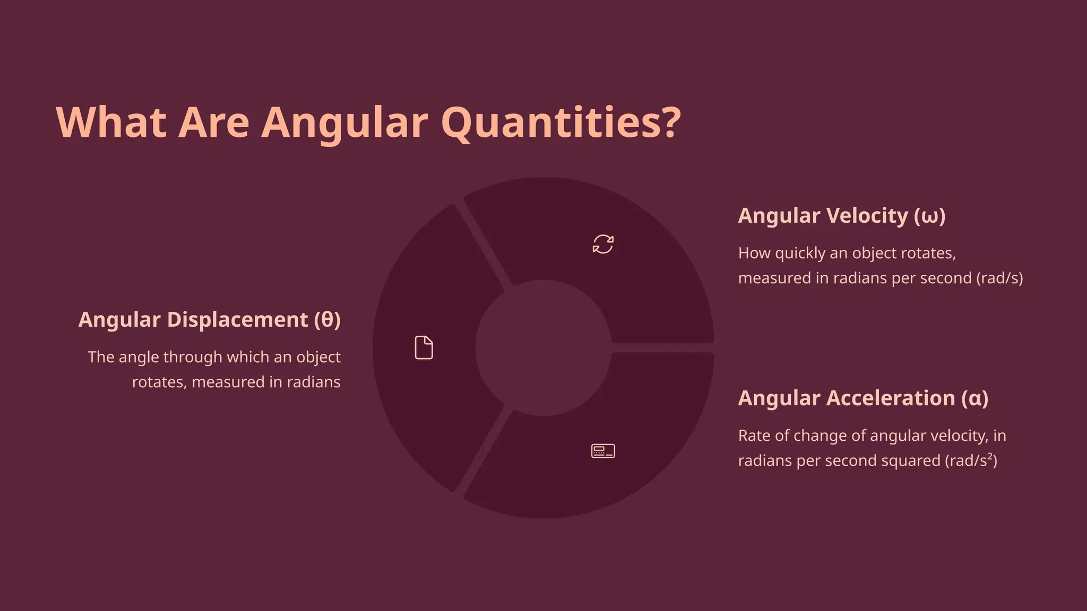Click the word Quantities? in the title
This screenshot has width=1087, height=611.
tap(560, 123)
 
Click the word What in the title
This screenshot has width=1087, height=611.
tap(111, 123)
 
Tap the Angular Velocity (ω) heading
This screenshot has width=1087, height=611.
tap(841, 216)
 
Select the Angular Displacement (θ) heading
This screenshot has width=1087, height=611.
tap(209, 320)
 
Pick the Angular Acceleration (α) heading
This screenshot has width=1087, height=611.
tap(863, 398)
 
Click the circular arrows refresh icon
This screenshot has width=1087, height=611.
tap(603, 245)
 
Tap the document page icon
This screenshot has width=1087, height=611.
tap(424, 348)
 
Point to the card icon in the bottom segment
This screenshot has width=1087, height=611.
tap(603, 451)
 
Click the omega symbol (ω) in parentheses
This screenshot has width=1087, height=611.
tap(930, 216)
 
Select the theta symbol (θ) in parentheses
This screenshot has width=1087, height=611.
tap(327, 320)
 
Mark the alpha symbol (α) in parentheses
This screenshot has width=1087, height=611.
tap(975, 399)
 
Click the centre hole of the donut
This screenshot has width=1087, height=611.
tap(543, 348)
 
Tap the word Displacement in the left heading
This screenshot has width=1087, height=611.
tap(237, 320)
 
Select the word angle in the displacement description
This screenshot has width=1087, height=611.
tap(141, 357)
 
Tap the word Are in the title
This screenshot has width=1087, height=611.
tap(213, 123)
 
